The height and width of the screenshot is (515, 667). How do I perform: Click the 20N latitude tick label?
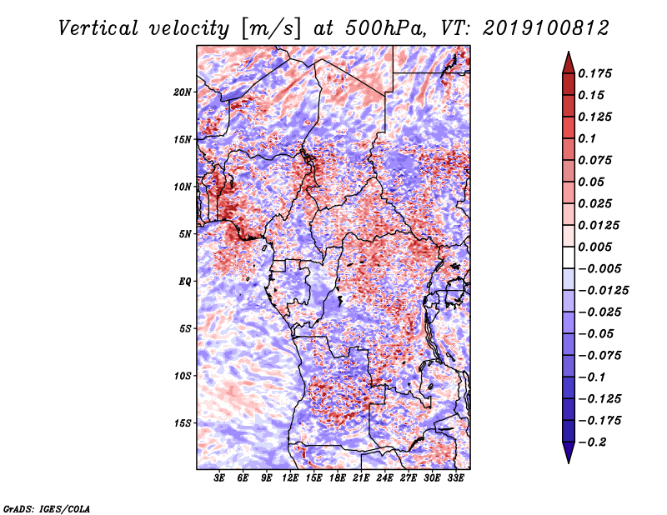point(183,92)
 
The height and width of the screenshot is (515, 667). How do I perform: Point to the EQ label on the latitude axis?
point(185,281)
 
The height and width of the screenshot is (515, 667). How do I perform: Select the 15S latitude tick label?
point(183,422)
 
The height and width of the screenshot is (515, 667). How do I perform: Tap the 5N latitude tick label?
point(186,234)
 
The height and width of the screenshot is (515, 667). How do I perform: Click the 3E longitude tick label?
point(220,477)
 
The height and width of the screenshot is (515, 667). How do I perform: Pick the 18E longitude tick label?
point(338,477)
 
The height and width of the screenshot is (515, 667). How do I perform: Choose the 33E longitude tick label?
point(455,477)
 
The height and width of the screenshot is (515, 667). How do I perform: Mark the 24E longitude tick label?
point(385,477)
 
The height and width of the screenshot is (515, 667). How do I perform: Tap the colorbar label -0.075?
point(602,356)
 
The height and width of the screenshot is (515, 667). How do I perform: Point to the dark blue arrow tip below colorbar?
point(567,457)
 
